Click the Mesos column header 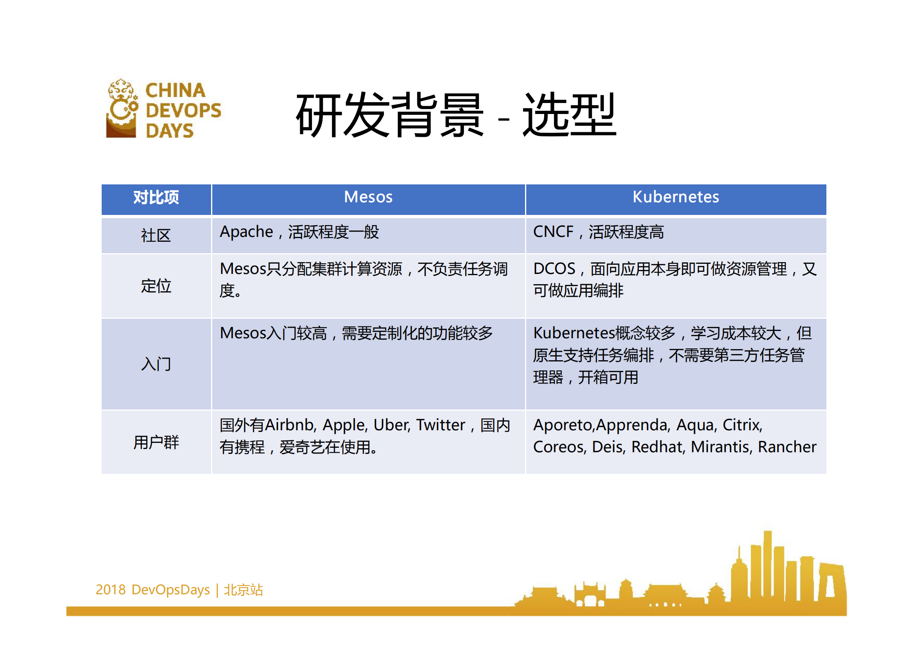pyautogui.click(x=368, y=197)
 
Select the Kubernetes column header pyautogui.click(x=675, y=197)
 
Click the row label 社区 pyautogui.click(x=156, y=236)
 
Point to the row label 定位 pyautogui.click(x=156, y=286)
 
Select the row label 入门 pyautogui.click(x=156, y=364)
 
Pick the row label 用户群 pyautogui.click(x=156, y=442)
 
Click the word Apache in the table pyautogui.click(x=246, y=232)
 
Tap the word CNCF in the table pyautogui.click(x=553, y=232)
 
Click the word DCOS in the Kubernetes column pyautogui.click(x=554, y=269)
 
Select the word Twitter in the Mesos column pyautogui.click(x=440, y=425)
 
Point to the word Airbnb pyautogui.click(x=290, y=425)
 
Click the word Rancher pyautogui.click(x=787, y=447)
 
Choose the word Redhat pyautogui.click(x=658, y=447)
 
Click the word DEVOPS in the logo pyautogui.click(x=183, y=110)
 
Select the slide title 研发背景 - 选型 pyautogui.click(x=455, y=115)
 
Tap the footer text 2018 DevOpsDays pyautogui.click(x=153, y=589)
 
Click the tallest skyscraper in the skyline pyautogui.click(x=767, y=570)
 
